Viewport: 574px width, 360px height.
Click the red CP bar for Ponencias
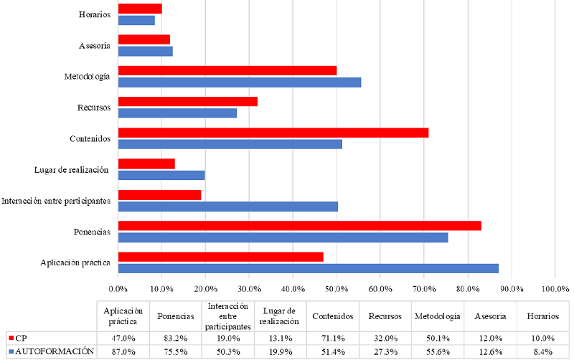(x=299, y=225)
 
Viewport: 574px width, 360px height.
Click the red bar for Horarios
(x=140, y=9)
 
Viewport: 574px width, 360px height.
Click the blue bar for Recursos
(x=177, y=113)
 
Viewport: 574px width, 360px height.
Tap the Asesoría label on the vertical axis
(x=95, y=46)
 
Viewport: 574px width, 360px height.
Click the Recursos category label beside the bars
(x=93, y=108)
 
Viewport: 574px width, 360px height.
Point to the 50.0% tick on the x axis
(x=336, y=288)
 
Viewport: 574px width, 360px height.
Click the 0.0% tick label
(x=118, y=288)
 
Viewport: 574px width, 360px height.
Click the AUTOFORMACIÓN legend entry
(x=54, y=351)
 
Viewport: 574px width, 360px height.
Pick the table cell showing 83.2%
(x=176, y=338)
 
